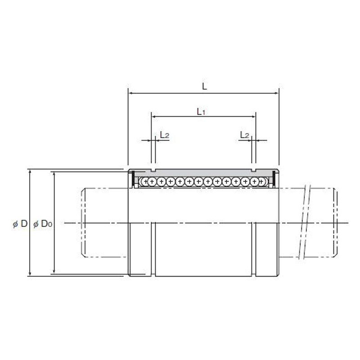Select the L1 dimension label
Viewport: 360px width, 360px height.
coord(201,112)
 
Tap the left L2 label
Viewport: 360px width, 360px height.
coord(165,135)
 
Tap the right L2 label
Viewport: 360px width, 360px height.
coord(244,135)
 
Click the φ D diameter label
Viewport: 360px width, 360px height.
coord(20,224)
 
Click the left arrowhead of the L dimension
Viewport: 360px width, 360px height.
coord(131,94)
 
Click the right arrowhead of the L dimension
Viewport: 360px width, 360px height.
coord(276,94)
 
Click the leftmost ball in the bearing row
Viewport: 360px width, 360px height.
coord(144,181)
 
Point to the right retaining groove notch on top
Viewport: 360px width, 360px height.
coord(254,171)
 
